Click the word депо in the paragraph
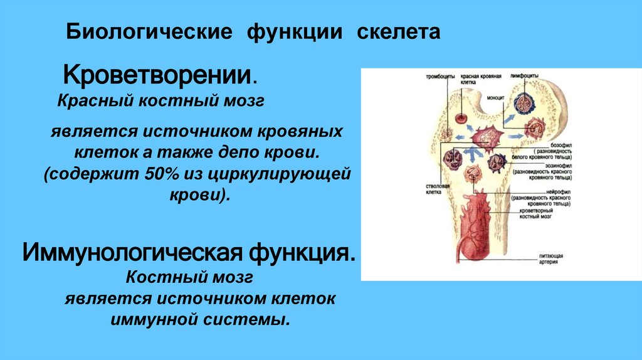pyautogui.click(x=253, y=152)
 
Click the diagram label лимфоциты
pyautogui.click(x=525, y=75)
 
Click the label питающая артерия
pyautogui.click(x=551, y=259)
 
